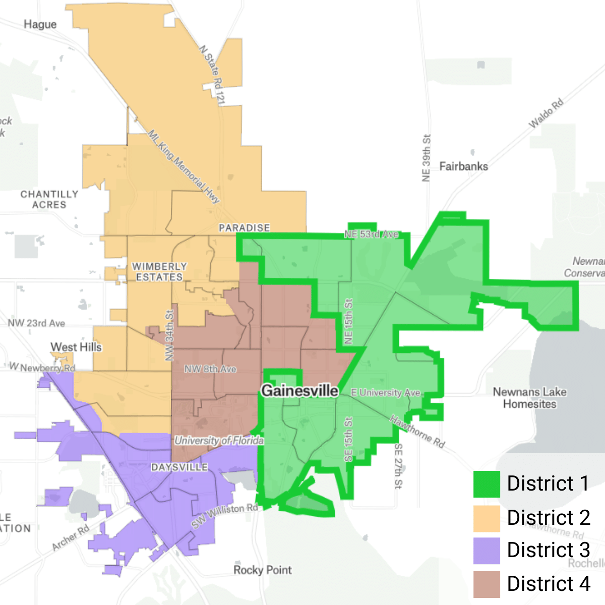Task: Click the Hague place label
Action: (40, 24)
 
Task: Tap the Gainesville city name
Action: (299, 391)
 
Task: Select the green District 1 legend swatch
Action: (487, 484)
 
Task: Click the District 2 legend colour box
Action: (487, 518)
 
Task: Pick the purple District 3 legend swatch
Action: (487, 551)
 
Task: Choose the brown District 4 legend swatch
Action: (487, 584)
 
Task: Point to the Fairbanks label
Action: (463, 166)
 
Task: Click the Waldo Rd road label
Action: (546, 113)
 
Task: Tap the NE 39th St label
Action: (427, 158)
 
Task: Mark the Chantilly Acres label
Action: (49, 200)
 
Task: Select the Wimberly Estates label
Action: (159, 272)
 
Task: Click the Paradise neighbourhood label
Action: (244, 228)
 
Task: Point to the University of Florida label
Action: (219, 441)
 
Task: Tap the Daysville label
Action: (179, 467)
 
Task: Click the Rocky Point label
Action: (263, 570)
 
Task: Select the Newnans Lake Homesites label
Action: (529, 398)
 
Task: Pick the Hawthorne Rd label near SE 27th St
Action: (417, 432)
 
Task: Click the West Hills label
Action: (76, 347)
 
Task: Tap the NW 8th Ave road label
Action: (210, 369)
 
